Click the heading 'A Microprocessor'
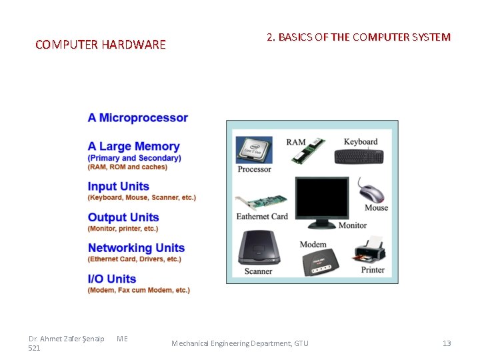point(138,118)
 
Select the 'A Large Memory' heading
point(134,147)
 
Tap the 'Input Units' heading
point(119,187)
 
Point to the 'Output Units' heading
point(123,217)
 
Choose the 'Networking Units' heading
point(136,248)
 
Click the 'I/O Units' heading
point(112,279)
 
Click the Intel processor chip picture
point(254,150)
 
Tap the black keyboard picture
point(359,156)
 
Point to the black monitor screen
point(322,199)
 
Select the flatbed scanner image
point(259,247)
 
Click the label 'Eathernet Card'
point(262,217)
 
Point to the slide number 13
point(447,343)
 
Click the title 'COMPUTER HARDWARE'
point(101,45)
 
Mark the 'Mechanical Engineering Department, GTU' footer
point(240,343)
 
